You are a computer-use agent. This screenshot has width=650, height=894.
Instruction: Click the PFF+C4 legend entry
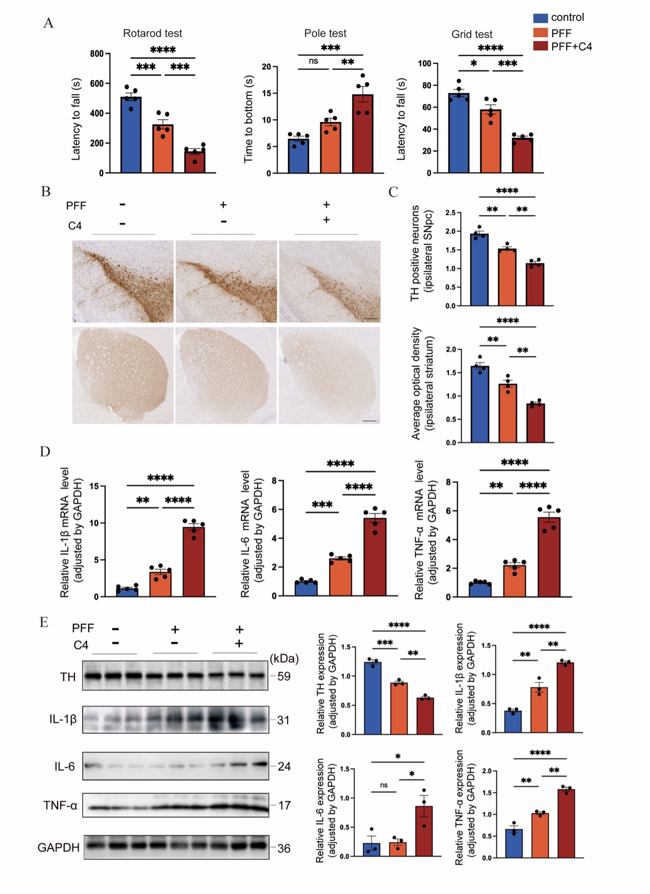[x=571, y=47]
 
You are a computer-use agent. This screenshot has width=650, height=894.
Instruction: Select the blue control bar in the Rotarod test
[x=131, y=135]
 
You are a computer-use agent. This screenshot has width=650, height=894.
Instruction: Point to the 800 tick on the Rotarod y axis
[x=97, y=54]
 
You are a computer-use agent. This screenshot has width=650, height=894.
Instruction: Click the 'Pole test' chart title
[x=325, y=34]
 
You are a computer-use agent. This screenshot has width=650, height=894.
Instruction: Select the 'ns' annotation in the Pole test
[x=313, y=61]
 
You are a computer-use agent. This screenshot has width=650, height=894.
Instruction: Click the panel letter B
[x=46, y=192]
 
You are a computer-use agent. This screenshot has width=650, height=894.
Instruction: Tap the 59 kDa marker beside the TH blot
[x=284, y=676]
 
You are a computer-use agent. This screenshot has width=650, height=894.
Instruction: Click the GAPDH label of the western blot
[x=59, y=848]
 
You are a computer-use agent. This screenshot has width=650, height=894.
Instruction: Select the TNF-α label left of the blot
[x=60, y=806]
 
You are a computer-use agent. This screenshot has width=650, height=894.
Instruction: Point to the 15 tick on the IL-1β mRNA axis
[x=94, y=486]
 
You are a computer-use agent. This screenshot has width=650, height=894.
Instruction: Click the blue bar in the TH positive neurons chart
[x=479, y=270]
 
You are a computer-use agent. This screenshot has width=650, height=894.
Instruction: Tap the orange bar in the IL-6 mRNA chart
[x=340, y=577]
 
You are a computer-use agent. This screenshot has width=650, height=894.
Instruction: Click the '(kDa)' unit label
[x=284, y=658]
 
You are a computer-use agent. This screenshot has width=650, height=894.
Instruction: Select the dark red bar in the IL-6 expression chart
[x=423, y=831]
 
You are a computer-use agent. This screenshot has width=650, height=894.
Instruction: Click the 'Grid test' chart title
[x=472, y=35]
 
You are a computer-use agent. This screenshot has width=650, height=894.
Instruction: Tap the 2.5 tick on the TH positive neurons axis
[x=451, y=213]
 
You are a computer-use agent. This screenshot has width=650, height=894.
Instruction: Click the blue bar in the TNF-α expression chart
[x=514, y=844]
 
